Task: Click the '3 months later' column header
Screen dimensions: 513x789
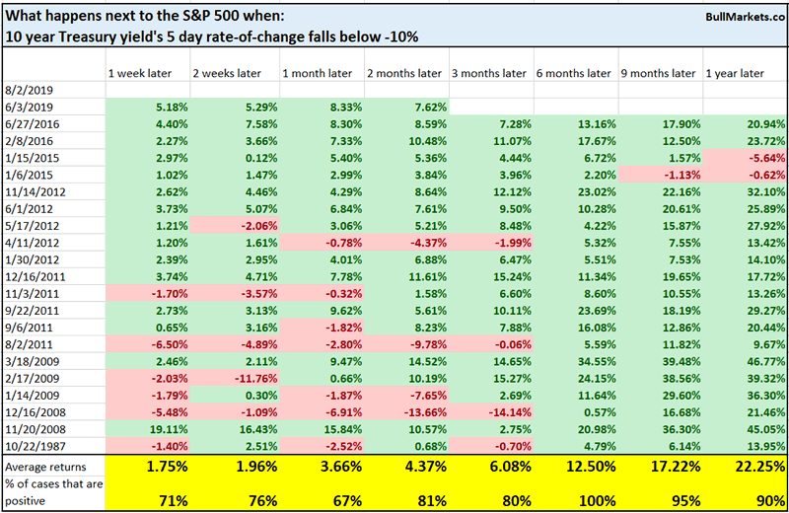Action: pos(489,73)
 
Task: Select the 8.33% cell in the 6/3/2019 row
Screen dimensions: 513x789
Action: pos(332,107)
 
